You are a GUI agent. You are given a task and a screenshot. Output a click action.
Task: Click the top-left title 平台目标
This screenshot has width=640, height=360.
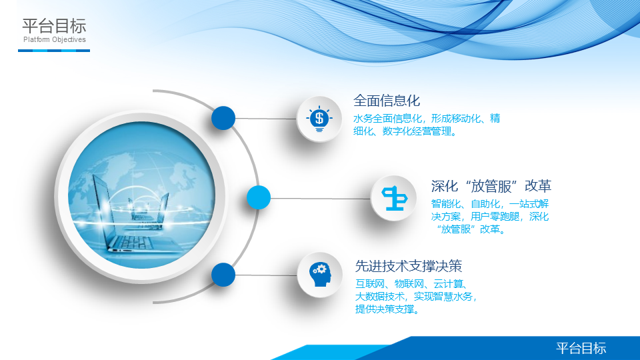pos(54,26)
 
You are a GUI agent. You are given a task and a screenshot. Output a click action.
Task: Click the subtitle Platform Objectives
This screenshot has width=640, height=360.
pos(54,39)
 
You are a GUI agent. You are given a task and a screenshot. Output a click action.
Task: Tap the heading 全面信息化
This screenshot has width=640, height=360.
pos(386,101)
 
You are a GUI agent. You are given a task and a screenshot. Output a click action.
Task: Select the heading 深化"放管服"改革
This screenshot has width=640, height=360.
pos(491,186)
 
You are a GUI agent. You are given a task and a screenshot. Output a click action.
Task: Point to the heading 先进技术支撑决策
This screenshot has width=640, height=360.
pos(408,266)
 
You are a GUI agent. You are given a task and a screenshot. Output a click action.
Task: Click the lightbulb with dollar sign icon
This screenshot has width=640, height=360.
pos(319,119)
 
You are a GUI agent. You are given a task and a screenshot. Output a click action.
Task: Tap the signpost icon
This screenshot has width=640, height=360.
pos(394,199)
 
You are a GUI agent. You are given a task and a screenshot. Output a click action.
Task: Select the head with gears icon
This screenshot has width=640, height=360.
pos(321,274)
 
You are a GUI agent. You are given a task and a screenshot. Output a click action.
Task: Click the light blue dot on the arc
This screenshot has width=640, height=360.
pos(259,197)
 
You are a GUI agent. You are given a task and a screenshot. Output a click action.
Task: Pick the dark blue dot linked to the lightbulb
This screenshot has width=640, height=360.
pos(223,118)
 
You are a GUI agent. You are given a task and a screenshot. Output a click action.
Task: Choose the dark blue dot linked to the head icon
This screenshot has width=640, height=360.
pos(223,275)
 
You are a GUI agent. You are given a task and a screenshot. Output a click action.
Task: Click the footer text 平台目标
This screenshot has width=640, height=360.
pos(581,348)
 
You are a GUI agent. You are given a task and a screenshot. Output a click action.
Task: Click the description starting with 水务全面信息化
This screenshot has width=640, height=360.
pos(427,125)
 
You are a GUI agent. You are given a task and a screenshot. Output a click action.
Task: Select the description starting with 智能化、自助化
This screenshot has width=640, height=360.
pos(490,216)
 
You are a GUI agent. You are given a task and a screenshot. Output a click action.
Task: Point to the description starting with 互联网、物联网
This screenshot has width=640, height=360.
pos(416,296)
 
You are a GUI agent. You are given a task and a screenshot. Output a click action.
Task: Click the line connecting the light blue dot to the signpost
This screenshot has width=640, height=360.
pos(321,199)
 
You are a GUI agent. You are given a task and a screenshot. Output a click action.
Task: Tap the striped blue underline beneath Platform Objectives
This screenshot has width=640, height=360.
pos(54,51)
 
